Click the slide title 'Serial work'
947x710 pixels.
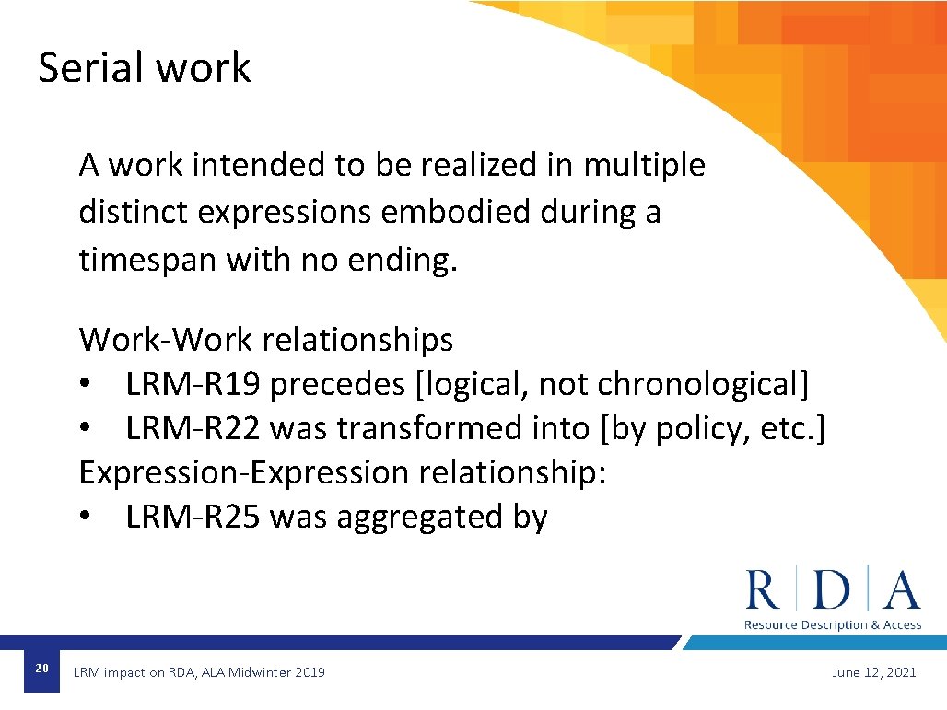click(144, 68)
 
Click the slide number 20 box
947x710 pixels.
click(41, 669)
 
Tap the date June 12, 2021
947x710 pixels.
click(873, 672)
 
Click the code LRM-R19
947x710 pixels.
click(194, 384)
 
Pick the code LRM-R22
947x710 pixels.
click(194, 428)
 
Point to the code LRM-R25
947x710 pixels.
click(194, 518)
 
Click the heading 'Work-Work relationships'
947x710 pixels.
click(266, 340)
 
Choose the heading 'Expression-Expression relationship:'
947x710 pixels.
click(343, 472)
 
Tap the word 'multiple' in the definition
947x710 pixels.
click(644, 166)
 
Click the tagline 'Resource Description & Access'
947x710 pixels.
click(833, 625)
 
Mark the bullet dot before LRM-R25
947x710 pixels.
click(86, 518)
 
